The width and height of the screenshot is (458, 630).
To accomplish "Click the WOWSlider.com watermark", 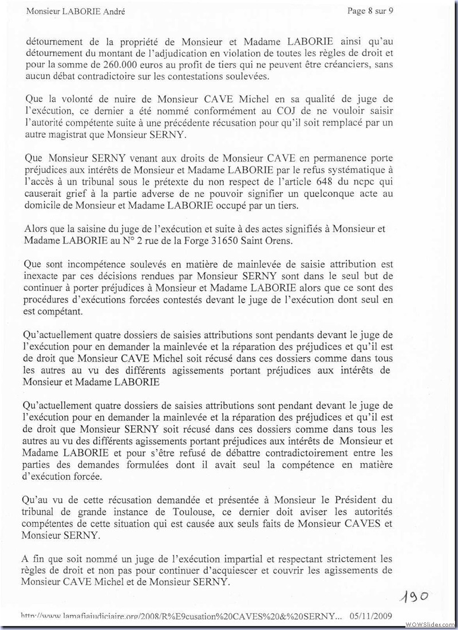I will [431, 623].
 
